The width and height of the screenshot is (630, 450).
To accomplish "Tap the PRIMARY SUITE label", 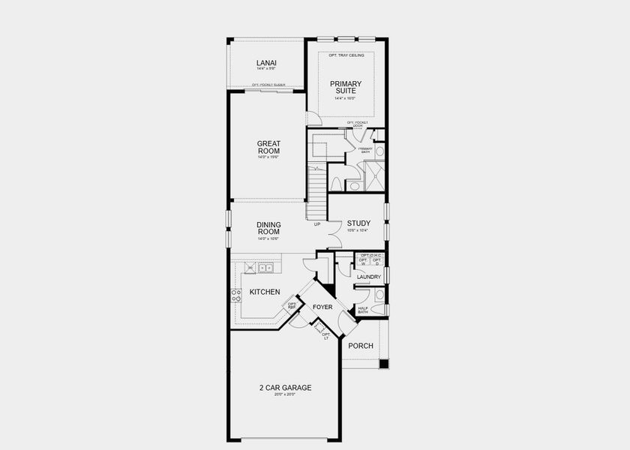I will [x=346, y=87].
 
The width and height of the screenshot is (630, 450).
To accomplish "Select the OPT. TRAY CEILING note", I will [x=346, y=55].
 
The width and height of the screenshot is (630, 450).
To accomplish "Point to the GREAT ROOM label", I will [x=268, y=147].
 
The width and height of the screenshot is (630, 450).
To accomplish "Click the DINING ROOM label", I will [x=268, y=227].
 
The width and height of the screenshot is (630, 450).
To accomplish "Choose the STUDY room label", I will [x=358, y=223].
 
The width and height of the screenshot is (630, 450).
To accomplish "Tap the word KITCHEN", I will [x=265, y=292].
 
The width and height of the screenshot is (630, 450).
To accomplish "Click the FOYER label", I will [x=322, y=307].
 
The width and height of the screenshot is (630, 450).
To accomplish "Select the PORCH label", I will [x=361, y=346].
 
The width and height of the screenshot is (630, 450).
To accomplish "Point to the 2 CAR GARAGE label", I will [x=285, y=388].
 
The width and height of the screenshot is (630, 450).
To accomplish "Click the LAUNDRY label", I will [x=369, y=277].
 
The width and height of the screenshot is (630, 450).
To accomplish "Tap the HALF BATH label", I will [x=363, y=310].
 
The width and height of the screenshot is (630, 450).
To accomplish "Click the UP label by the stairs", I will [x=317, y=224].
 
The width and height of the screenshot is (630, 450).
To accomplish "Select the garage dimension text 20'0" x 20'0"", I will [x=285, y=394].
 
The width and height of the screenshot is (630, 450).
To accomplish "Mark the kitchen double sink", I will [x=265, y=268].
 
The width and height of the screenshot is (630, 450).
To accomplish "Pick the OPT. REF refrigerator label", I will [x=290, y=305].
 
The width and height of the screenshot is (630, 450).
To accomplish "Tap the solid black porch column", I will [x=383, y=364].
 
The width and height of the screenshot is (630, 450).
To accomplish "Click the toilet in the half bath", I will [x=378, y=308].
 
